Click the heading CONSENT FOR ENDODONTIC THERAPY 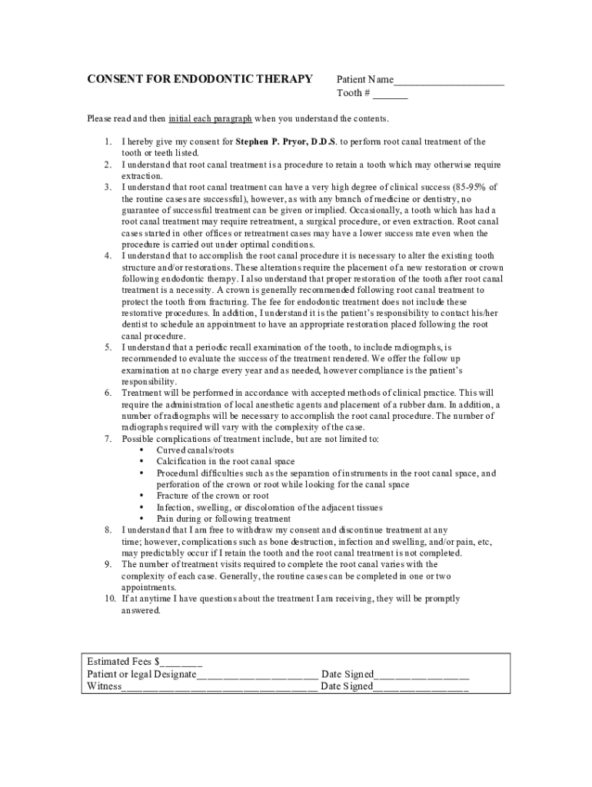coord(199,79)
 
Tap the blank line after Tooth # coord(391,94)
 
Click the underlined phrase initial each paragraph coord(210,119)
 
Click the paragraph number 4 coord(108,256)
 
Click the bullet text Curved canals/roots coord(195,450)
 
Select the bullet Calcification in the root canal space coord(225,462)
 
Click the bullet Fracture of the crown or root coord(213,496)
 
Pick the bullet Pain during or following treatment coord(224,519)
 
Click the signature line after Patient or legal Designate coord(257,675)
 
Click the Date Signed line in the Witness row coord(421,687)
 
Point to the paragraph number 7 coord(108,439)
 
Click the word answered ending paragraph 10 coord(141,610)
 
